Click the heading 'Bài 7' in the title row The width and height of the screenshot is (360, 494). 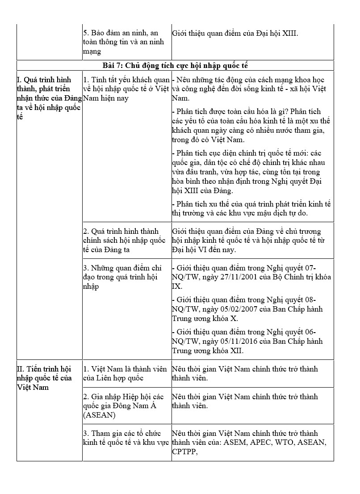tap(112, 65)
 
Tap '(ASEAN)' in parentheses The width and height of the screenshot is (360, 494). tap(100, 415)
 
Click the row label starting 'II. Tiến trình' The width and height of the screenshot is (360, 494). tap(44, 378)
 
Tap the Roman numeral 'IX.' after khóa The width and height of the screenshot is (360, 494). tap(177, 286)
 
